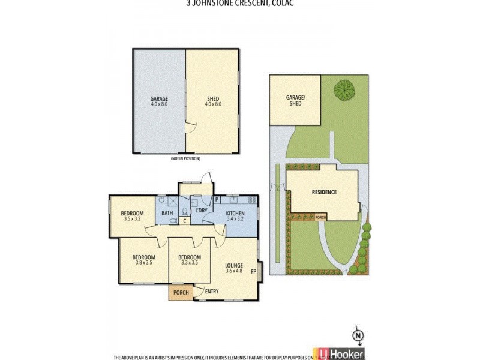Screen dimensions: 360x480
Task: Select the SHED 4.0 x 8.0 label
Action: click(x=213, y=101)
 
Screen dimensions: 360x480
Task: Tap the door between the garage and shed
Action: click(x=189, y=127)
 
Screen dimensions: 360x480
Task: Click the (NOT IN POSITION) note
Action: click(x=185, y=158)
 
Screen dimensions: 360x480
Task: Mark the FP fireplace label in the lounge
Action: click(x=254, y=271)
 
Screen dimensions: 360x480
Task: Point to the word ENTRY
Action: click(x=211, y=292)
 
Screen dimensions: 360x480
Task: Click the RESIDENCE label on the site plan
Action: click(x=324, y=192)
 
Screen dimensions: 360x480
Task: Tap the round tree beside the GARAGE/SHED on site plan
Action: click(x=344, y=91)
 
